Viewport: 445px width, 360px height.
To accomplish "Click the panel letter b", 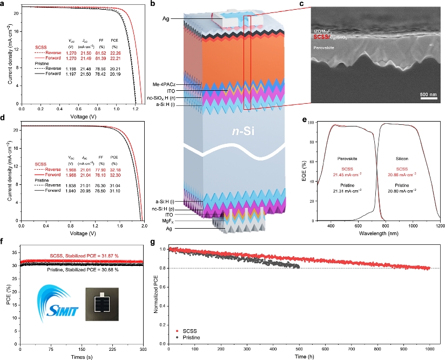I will pos(153,4).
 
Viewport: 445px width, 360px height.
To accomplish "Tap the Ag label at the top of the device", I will pos(167,19).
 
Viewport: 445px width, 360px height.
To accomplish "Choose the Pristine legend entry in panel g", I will pos(195,336).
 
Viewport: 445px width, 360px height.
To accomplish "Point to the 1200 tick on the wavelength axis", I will pos(440,228).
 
